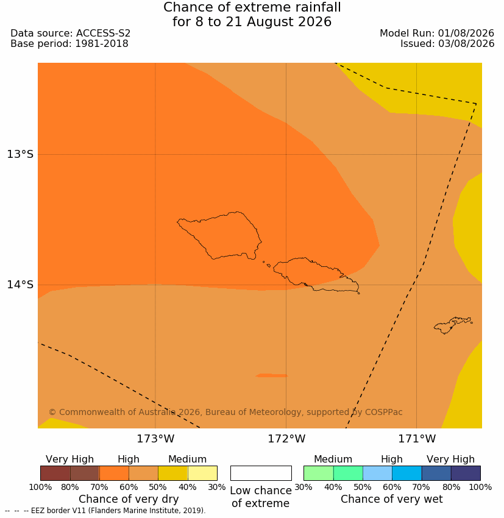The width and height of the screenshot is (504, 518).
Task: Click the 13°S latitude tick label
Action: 20,154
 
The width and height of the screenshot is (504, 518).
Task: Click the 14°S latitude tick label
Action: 20,285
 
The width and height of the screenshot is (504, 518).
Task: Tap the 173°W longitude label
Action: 155,439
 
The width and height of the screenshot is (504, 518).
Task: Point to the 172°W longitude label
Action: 286,439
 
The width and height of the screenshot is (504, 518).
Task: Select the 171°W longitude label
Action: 417,439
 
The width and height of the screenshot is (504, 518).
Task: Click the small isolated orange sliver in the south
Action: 271,375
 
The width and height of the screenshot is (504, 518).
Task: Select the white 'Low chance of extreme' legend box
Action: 261,473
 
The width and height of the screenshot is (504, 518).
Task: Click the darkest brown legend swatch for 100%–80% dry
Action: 55,473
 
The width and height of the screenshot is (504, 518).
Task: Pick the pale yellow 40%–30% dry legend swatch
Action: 202,473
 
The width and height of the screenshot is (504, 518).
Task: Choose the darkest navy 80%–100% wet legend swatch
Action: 466,473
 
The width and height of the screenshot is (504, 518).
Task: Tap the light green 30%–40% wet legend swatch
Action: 318,473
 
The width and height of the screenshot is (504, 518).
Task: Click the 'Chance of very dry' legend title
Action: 129,499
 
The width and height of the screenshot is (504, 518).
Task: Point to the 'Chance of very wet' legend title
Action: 391,499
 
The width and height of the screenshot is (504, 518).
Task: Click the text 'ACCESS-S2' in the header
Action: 104,34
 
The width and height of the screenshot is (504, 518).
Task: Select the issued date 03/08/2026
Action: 466,44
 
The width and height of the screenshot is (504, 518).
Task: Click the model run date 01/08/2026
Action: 466,34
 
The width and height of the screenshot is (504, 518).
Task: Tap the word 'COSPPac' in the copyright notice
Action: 383,412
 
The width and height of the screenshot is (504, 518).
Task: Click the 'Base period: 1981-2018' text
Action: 69,44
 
